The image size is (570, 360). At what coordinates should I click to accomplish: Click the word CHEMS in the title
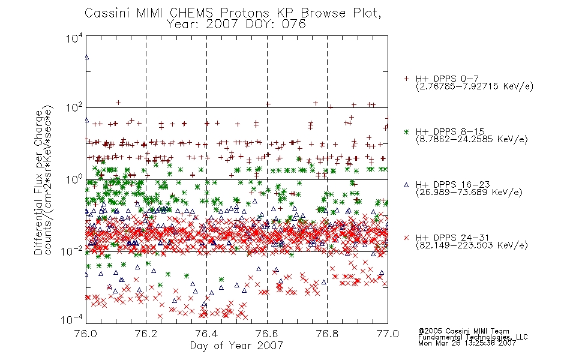(191, 13)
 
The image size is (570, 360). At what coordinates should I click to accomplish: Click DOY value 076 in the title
(293, 25)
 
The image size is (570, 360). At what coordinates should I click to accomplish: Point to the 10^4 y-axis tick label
(74, 38)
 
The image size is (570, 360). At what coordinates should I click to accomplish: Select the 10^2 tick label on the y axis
(74, 108)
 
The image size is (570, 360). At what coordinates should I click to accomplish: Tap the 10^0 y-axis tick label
(74, 179)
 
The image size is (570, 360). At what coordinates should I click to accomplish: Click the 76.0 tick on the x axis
(86, 334)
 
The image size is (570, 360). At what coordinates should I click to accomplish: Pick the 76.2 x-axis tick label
(146, 334)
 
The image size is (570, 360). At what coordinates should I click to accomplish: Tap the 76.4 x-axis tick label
(206, 334)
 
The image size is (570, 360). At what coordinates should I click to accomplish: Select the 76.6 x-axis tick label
(267, 334)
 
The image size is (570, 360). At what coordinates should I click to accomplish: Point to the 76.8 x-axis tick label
(327, 334)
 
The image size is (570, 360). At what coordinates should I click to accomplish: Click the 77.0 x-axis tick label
(388, 334)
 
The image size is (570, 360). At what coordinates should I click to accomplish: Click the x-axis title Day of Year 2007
(236, 346)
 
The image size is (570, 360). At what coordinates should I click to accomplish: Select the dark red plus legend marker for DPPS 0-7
(406, 79)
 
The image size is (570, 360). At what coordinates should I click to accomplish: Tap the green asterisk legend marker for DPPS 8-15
(406, 131)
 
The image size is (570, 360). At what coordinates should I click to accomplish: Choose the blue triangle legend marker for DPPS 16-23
(406, 185)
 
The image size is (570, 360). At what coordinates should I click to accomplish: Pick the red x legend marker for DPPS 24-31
(406, 238)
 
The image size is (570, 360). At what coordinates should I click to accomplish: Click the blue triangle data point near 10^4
(86, 57)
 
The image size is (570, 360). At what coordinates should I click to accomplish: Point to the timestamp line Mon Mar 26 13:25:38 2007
(467, 343)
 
